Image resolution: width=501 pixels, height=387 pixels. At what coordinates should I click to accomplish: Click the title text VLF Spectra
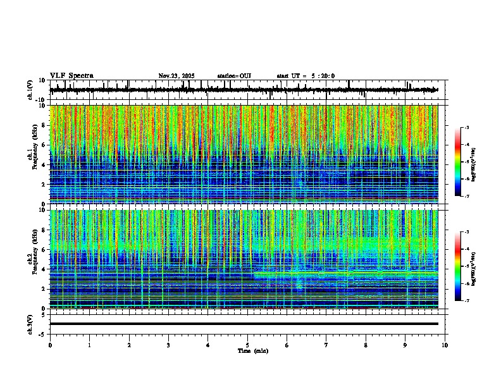point(71,76)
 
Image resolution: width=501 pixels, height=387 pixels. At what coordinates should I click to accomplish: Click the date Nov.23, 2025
point(176,76)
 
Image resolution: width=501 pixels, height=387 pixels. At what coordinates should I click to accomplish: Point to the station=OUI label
point(234,76)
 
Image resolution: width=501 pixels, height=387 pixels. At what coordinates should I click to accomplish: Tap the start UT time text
point(306,76)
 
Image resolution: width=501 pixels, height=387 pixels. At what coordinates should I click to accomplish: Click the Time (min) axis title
point(252,350)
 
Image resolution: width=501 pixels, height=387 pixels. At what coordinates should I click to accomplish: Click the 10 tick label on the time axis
point(445,345)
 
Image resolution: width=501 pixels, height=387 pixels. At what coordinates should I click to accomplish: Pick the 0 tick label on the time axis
point(50,345)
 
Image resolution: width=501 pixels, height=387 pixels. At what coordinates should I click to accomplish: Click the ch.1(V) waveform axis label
point(30,90)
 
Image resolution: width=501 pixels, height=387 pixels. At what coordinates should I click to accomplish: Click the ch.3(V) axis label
point(30,323)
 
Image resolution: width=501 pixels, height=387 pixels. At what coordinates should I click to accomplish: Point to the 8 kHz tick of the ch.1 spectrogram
point(42,125)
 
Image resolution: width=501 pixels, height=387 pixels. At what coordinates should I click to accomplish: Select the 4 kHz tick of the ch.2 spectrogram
point(42,269)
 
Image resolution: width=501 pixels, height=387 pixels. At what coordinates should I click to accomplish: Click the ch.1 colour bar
point(458,162)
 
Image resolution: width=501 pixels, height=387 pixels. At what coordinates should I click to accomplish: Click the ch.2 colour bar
point(458,266)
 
